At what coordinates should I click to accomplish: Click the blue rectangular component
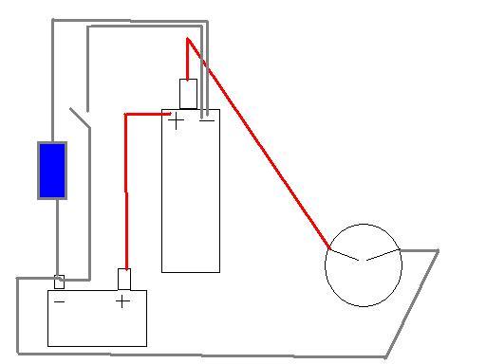pos(52,171)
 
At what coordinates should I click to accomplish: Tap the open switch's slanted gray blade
pos(81,119)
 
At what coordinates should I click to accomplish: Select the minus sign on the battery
pos(60,302)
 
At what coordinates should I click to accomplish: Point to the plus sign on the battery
pos(121,302)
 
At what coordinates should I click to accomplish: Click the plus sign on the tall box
pos(176,120)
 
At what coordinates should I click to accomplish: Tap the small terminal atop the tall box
pos(188,94)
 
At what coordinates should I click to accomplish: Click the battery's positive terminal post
pos(124,279)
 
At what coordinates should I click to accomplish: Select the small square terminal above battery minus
pos(59,282)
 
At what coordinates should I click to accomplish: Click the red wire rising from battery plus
pos(125,190)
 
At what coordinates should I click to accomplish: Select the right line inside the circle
pos(383,254)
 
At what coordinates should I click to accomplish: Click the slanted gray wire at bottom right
pos(412,303)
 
